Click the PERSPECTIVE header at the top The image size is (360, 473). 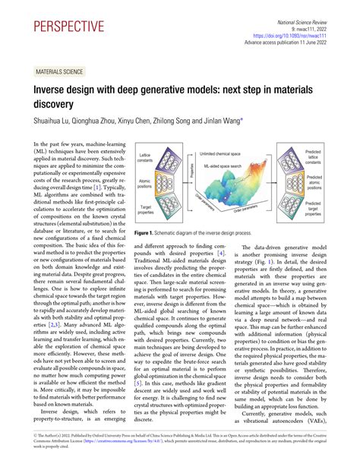69,28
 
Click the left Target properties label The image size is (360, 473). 147,207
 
